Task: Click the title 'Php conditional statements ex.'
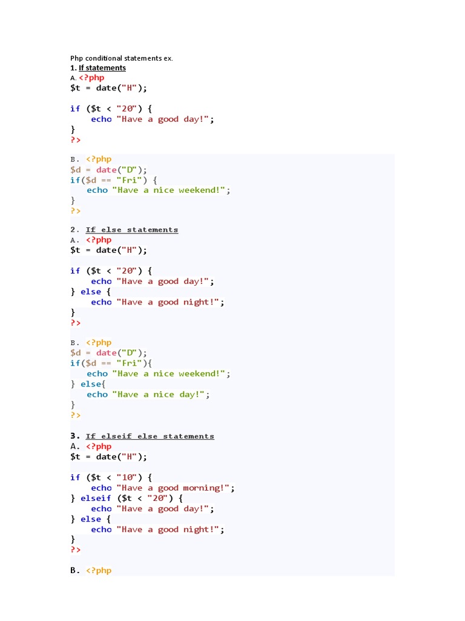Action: pos(122,58)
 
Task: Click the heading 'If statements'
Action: pos(102,68)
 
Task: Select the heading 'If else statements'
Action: pos(132,230)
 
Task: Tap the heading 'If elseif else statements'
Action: pos(150,436)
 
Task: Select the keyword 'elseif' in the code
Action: pos(96,498)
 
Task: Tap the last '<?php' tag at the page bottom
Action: pos(99,571)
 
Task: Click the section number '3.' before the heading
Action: pos(75,436)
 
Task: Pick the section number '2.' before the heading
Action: pos(75,230)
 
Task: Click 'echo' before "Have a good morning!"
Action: pos(101,488)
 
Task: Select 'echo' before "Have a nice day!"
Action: pos(97,395)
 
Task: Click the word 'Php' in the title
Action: pos(76,58)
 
